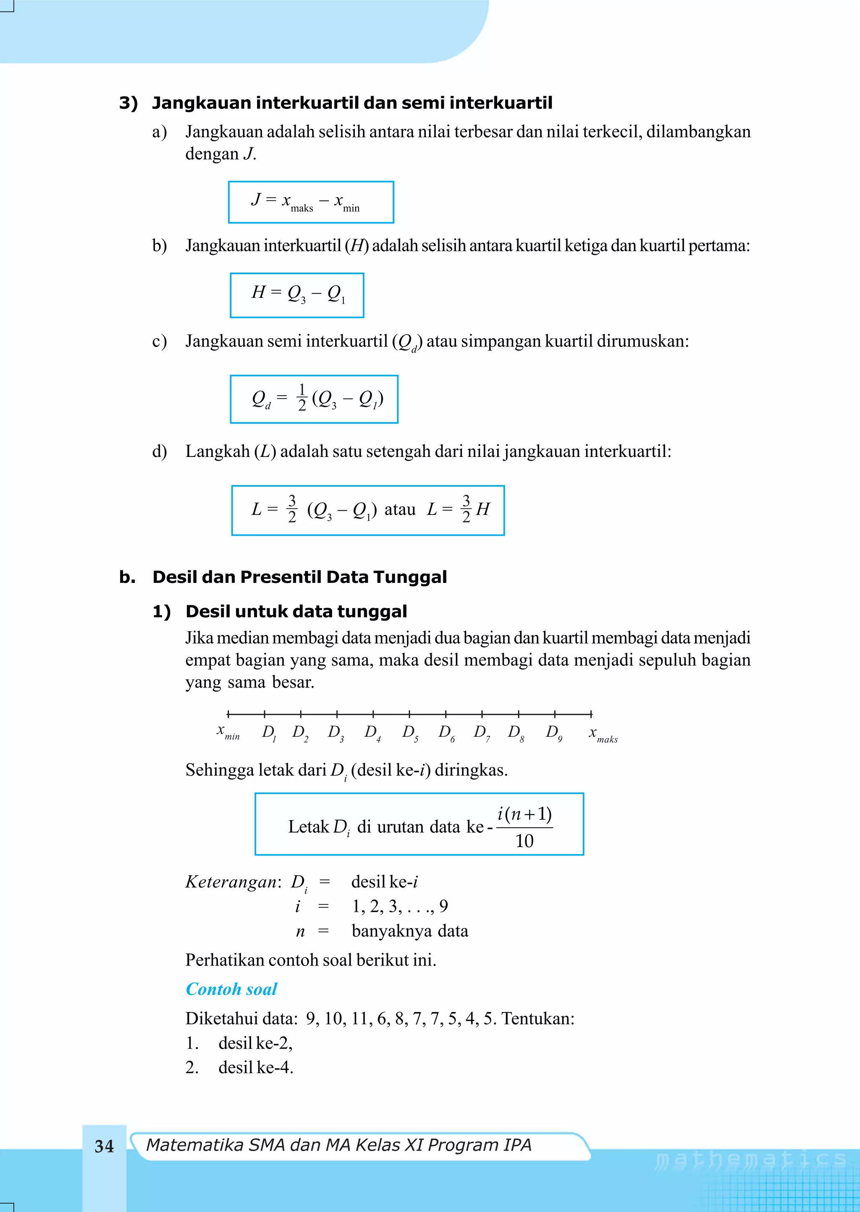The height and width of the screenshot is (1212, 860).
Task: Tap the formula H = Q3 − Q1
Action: pos(297,295)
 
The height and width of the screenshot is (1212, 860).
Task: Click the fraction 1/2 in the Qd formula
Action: pos(302,398)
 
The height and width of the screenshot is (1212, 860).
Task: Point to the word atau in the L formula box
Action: pos(400,509)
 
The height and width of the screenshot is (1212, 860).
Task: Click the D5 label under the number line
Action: pos(410,733)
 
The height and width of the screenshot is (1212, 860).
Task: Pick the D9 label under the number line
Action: pos(554,733)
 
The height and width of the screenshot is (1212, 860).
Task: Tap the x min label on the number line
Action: pos(228,733)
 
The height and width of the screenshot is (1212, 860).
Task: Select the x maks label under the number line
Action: pos(603,735)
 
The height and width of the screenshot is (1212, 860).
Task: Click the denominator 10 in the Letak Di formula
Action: pos(524,841)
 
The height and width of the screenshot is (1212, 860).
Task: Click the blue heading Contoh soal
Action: pos(231,989)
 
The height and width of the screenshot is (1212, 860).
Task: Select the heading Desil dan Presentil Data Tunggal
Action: pos(299,577)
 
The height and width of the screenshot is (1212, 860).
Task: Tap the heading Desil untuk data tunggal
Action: pos(296,611)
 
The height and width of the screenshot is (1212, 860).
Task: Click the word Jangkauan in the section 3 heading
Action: pos(201,103)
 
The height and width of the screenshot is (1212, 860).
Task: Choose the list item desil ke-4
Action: pos(255,1067)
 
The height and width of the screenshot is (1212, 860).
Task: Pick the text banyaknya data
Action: pos(410,931)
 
